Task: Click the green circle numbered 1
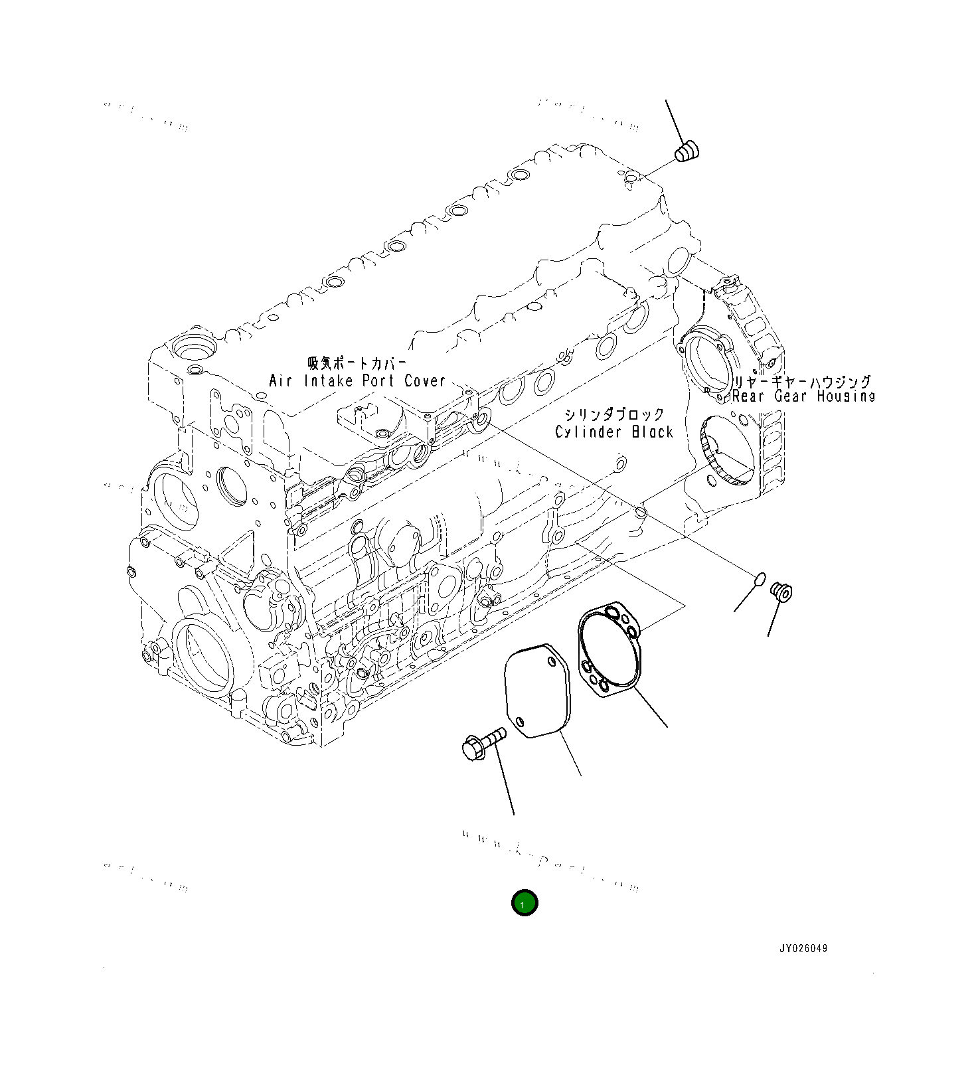pyautogui.click(x=524, y=903)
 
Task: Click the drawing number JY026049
pyautogui.click(x=803, y=948)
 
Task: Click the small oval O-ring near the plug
pyautogui.click(x=760, y=580)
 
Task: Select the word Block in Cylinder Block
pyautogui.click(x=652, y=432)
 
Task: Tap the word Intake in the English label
pyautogui.click(x=331, y=381)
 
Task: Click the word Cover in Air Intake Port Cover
pyautogui.click(x=425, y=381)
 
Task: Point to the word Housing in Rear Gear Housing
pyautogui.click(x=846, y=396)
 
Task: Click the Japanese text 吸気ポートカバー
pyautogui.click(x=356, y=364)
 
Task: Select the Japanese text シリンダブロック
pyautogui.click(x=613, y=415)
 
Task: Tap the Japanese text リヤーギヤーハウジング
pyautogui.click(x=801, y=382)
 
